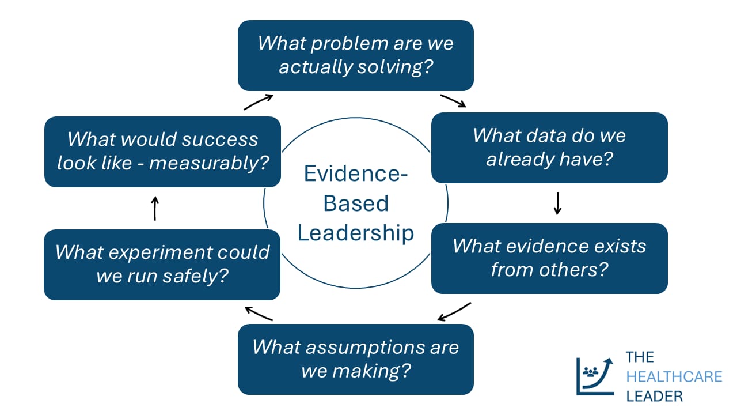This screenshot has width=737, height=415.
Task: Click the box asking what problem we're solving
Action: coord(355,55)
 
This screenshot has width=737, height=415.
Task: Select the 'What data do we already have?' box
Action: coord(549,148)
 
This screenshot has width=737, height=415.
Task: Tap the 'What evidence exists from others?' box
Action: coord(549,258)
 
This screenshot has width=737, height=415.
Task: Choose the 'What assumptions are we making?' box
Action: coord(355,359)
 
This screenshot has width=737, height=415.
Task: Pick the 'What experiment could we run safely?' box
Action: coord(162,265)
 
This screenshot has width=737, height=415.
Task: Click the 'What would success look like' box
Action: coord(162,152)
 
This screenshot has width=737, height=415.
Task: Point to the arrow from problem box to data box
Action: coord(453,101)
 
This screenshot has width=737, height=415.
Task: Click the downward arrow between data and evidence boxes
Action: coord(557,203)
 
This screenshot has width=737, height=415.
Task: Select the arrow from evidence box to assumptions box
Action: coord(454,312)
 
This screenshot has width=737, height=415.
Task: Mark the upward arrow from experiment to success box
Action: coord(154,208)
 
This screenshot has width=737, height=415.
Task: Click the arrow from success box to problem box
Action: coord(258,102)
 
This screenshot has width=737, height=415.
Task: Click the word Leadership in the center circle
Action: coord(355,233)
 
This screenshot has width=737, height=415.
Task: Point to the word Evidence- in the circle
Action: coord(355,173)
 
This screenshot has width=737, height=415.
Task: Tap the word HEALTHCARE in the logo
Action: coord(674,376)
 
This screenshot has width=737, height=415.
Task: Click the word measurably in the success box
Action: coord(209,163)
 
